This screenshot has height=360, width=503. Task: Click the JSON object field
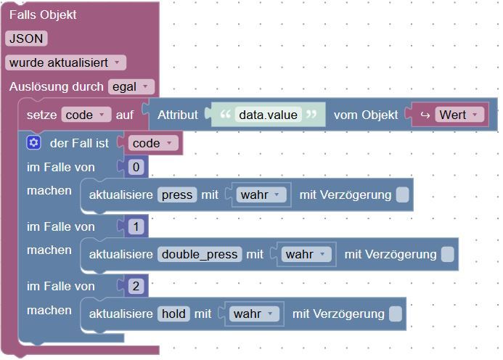point(26,38)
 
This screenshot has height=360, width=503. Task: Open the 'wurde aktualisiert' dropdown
point(65,62)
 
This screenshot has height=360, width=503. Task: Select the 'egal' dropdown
point(131,86)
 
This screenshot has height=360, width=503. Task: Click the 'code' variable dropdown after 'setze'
point(86,115)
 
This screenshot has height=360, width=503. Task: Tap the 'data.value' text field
point(268,115)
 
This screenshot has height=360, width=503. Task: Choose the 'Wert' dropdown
point(459,115)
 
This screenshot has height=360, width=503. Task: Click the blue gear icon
point(33,143)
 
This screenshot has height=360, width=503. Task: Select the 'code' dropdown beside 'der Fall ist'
point(153,143)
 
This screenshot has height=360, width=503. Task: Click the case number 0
point(136,167)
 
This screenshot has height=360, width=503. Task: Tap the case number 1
point(136,226)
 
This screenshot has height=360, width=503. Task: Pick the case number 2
point(136,286)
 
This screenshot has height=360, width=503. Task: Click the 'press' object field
point(177,195)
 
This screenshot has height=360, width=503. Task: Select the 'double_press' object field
point(200,255)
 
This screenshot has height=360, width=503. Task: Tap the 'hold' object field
point(173,314)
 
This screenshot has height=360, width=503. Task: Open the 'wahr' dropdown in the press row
point(261,195)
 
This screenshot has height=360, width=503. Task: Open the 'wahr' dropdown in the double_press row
point(306,255)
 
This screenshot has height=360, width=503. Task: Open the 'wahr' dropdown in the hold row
point(254,314)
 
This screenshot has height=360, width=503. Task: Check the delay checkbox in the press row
point(403,195)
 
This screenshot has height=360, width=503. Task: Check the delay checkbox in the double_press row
point(448,255)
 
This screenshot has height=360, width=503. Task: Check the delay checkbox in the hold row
point(396,314)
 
